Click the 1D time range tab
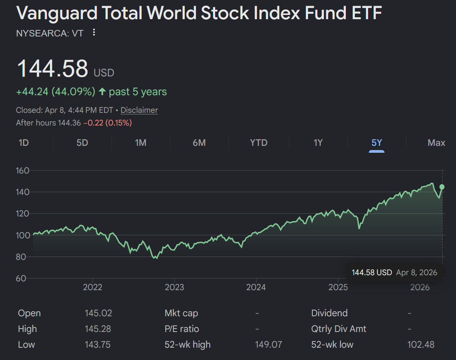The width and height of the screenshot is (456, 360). point(24,143)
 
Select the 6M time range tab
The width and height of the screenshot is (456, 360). point(199,143)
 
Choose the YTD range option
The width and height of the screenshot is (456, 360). point(259,143)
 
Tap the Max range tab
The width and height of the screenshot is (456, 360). point(436,143)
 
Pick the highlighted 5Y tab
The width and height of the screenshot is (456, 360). point(376,143)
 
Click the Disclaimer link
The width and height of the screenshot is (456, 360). point(139,110)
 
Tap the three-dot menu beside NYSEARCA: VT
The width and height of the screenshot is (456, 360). point(94,33)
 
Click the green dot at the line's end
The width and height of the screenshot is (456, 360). point(442,187)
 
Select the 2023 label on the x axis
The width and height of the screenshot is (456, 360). point(174,287)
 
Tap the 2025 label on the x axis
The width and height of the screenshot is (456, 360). point(338,287)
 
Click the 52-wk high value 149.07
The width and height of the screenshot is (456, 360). point(269,345)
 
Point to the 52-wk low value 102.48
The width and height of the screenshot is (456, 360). point(421,345)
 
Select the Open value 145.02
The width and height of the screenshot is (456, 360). point(98,313)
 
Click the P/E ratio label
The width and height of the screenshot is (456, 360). point(182,329)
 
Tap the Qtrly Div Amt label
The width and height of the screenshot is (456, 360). point(338,329)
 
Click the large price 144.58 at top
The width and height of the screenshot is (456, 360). point(53,69)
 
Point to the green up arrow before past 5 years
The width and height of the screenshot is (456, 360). point(102,92)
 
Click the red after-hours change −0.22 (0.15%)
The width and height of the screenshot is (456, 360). point(108,123)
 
